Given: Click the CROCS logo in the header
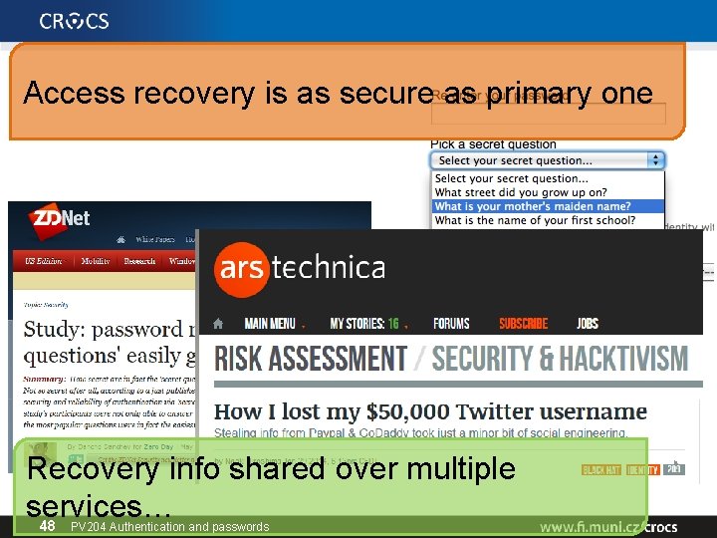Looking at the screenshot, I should click(75, 21).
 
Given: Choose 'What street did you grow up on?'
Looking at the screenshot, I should click(521, 192).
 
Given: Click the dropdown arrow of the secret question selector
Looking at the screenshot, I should click(655, 159).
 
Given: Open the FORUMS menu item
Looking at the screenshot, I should click(451, 324).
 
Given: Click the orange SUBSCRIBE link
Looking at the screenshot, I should click(524, 324).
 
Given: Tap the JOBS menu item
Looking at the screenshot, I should click(588, 324).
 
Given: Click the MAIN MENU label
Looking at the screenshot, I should click(269, 324).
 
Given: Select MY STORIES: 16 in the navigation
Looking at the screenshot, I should click(363, 324).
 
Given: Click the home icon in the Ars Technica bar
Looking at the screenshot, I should click(219, 324).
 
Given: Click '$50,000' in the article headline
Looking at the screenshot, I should click(401, 411).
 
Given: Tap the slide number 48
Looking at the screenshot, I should click(47, 526).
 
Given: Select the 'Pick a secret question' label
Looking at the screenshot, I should click(493, 144).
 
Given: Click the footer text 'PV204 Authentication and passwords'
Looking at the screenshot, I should click(170, 526).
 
